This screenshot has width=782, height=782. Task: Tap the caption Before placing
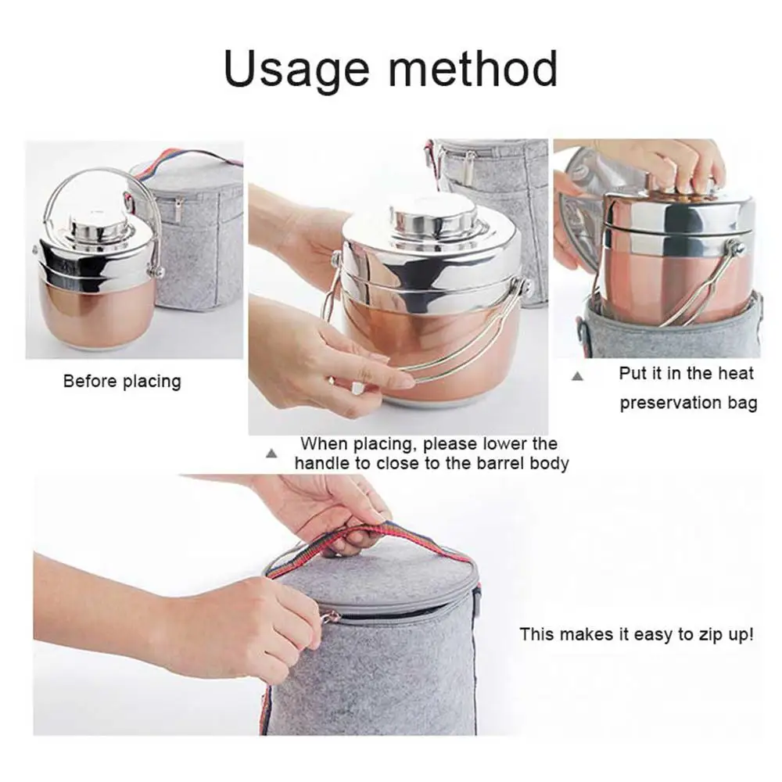(122, 382)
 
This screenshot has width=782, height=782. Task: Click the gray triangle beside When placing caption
(271, 454)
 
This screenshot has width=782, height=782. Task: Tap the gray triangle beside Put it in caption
(578, 376)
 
